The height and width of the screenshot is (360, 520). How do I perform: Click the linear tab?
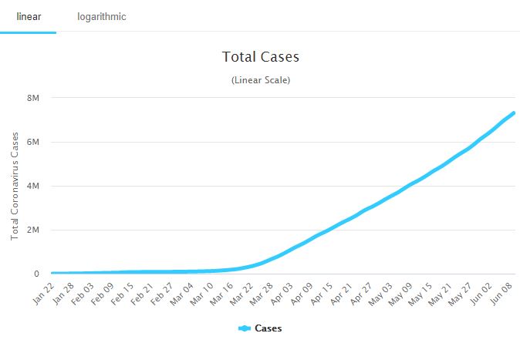[x=28, y=16]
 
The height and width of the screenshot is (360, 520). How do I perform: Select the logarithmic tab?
[x=102, y=16]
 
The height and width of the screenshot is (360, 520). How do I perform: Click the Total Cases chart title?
[x=260, y=57]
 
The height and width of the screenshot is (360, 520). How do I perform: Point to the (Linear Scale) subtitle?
[x=260, y=80]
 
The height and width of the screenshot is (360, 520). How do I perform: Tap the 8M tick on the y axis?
[x=32, y=98]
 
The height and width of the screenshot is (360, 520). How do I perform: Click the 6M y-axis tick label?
[x=32, y=142]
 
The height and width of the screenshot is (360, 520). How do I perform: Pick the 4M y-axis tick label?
[x=32, y=186]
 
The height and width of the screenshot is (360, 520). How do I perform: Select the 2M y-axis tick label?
[x=32, y=230]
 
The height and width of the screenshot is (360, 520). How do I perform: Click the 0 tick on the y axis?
[x=35, y=274]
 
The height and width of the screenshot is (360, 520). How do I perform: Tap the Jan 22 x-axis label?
[x=43, y=294]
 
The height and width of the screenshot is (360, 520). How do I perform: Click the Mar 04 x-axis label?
[x=182, y=294]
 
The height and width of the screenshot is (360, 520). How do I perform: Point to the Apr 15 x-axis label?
[x=321, y=294]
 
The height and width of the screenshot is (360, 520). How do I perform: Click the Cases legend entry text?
[x=268, y=328]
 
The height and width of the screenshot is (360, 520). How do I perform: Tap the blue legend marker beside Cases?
[x=245, y=328]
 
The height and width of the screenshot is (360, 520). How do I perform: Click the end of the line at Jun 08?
[x=513, y=113]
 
